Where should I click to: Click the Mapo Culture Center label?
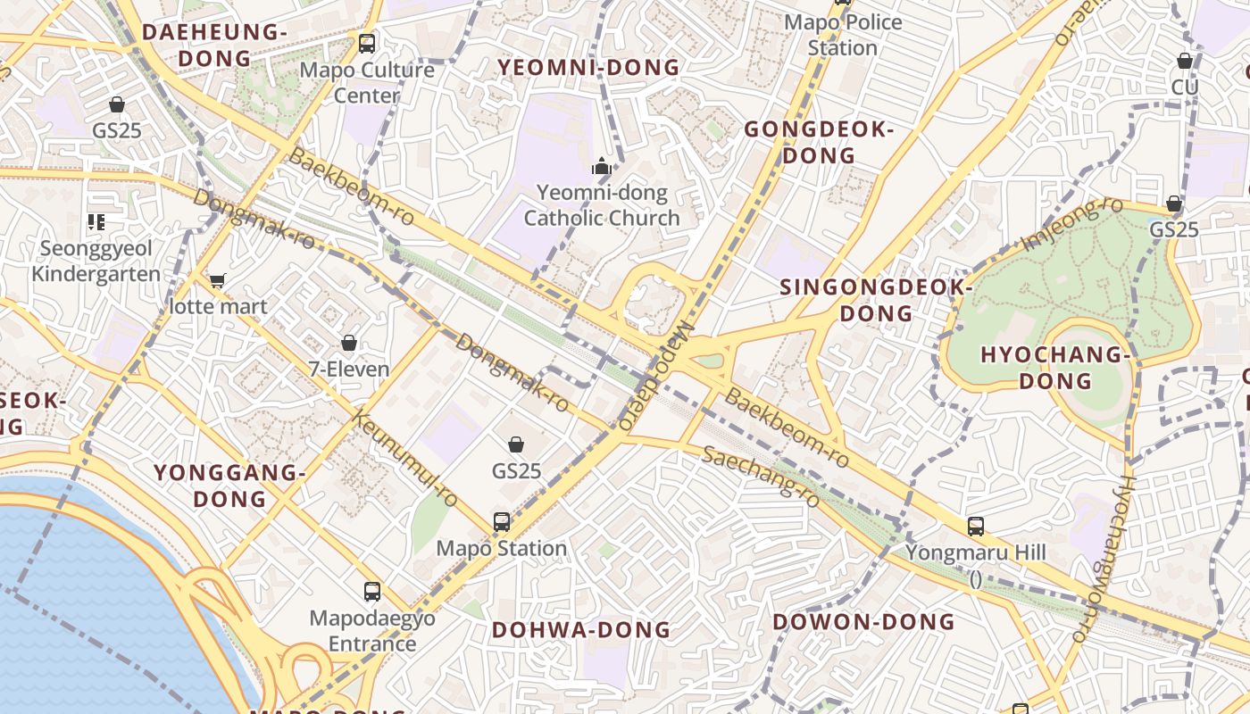367,82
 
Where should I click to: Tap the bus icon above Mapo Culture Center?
366,43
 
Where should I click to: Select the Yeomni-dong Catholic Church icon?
602,166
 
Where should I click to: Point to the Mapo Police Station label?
842,34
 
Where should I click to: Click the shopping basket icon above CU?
1184,61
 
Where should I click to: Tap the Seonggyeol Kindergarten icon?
96,222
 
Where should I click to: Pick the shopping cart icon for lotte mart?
217,281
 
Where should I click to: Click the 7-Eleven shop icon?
349,343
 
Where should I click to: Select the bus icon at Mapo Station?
502,521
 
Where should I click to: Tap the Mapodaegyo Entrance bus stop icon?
372,591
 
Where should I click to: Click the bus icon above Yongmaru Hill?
975,527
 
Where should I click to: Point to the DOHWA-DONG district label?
581,630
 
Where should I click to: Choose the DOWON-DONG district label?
863,622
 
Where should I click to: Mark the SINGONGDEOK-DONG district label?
876,301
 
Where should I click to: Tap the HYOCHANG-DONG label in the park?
1055,368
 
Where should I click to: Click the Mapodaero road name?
656,376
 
